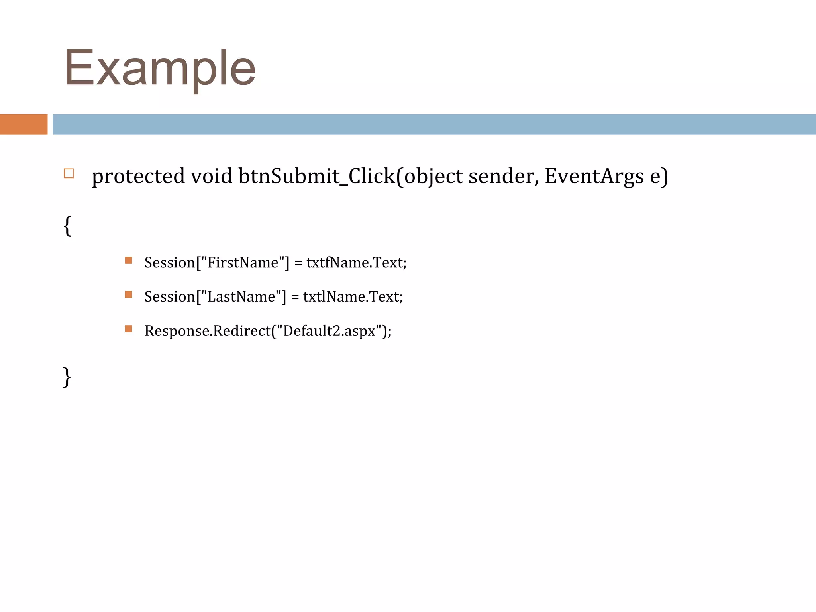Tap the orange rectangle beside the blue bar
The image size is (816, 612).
click(x=24, y=124)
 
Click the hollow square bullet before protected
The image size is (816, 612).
click(x=69, y=173)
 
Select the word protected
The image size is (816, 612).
click(x=138, y=177)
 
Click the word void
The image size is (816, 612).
click(x=211, y=176)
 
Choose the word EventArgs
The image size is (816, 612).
click(x=594, y=177)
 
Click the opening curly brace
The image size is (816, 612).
click(x=67, y=226)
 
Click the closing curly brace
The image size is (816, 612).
click(x=67, y=377)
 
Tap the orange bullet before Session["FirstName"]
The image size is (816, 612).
click(x=128, y=261)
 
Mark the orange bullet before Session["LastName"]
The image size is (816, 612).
click(x=128, y=295)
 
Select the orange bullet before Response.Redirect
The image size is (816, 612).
click(x=128, y=329)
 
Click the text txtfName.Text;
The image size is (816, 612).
click(x=356, y=263)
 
